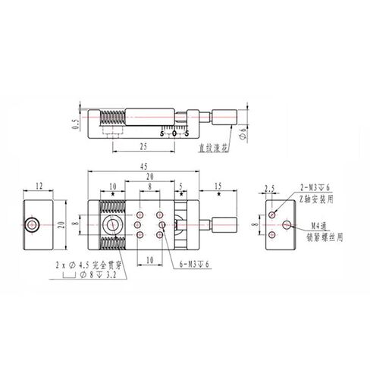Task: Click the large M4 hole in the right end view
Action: [x=286, y=224]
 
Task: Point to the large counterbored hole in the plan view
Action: [x=111, y=224]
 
